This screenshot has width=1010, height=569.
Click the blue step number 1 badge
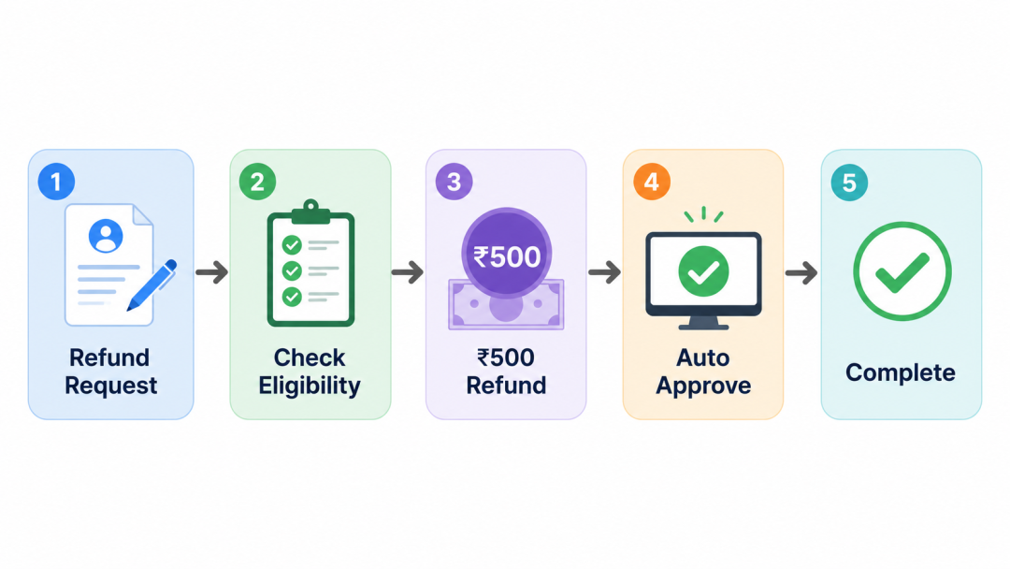point(57,182)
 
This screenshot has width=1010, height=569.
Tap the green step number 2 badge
point(258,182)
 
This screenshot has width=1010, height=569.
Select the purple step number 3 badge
point(454,182)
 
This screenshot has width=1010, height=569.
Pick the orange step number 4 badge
point(652,182)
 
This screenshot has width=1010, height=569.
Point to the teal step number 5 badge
point(849,182)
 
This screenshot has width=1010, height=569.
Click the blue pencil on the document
point(152,284)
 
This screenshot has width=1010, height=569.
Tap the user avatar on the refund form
point(106,236)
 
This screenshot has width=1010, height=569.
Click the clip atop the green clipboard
point(311,212)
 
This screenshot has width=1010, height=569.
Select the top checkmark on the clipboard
point(292,245)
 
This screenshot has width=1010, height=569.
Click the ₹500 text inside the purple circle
point(507,257)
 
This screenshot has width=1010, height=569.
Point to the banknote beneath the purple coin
point(506,305)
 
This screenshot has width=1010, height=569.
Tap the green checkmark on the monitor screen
point(703,272)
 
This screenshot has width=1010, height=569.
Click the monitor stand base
point(703,326)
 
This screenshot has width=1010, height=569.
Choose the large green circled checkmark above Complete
point(902,271)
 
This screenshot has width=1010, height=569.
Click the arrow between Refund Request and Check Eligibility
point(212,272)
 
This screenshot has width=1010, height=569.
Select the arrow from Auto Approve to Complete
point(801,272)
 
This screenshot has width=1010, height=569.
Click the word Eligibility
point(310,386)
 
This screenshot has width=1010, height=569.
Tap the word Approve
point(703,386)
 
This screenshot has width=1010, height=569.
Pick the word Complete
point(901,372)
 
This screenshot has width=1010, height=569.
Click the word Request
point(110,386)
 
